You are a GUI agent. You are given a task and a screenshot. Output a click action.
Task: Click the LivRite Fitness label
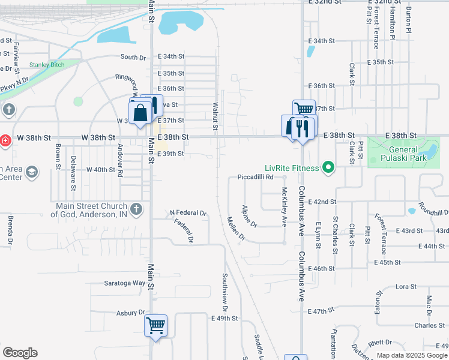point(292,167)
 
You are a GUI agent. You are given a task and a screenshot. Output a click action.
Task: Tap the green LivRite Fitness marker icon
point(328,167)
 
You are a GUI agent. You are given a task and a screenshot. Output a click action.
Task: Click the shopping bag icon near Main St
point(140,112)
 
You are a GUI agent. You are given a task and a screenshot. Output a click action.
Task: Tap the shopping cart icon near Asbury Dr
point(156,326)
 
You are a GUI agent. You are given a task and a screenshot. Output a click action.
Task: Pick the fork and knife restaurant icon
point(301,128)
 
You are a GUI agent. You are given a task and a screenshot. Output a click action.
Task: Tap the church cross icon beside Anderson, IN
point(136,209)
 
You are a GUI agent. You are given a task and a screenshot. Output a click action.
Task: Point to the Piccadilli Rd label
point(255,177)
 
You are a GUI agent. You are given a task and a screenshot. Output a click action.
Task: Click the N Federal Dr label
point(188,213)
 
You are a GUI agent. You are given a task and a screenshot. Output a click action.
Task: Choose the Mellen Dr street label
point(236,228)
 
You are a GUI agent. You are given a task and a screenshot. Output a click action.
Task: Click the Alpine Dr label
point(249,216)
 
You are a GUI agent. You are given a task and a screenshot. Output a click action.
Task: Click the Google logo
point(20,353)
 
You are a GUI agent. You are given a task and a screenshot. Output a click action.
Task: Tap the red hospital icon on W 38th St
point(5,140)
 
